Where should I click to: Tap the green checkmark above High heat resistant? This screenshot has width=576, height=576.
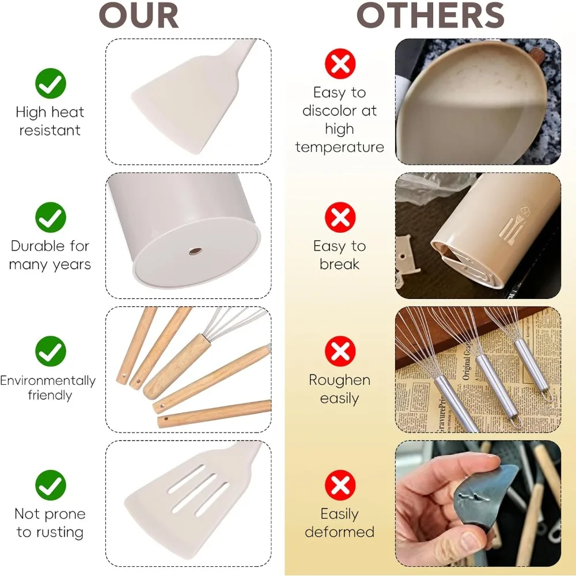pyautogui.click(x=51, y=84)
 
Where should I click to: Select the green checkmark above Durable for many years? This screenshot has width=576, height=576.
pyautogui.click(x=51, y=218)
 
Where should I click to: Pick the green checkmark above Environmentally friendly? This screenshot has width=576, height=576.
pyautogui.click(x=51, y=351)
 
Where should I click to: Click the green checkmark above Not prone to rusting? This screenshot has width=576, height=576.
pyautogui.click(x=51, y=485)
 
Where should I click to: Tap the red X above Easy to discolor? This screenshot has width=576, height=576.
pyautogui.click(x=340, y=64)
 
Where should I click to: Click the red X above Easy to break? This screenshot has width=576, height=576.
pyautogui.click(x=340, y=218)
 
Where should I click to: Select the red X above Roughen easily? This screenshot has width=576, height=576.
pyautogui.click(x=340, y=351)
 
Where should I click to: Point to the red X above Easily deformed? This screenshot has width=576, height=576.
pyautogui.click(x=340, y=485)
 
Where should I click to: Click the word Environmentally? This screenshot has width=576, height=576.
pyautogui.click(x=48, y=381)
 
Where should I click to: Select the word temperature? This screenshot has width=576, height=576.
pyautogui.click(x=339, y=147)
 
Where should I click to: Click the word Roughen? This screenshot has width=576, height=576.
pyautogui.click(x=339, y=380)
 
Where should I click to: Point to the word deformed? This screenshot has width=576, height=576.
pyautogui.click(x=339, y=532)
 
